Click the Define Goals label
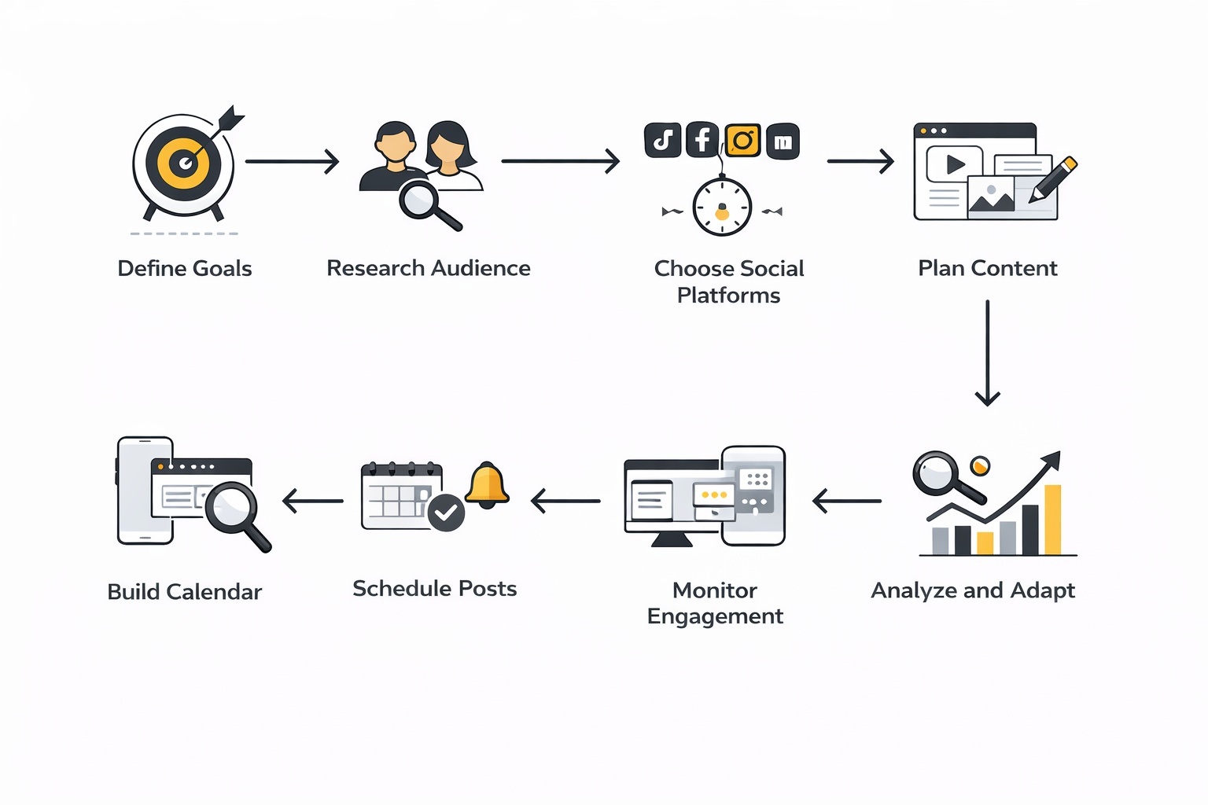point(185,269)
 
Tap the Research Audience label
point(429,269)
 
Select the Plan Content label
point(987,269)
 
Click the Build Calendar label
point(185,592)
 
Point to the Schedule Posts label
point(434,589)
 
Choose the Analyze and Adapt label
point(973,590)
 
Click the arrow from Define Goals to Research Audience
point(292,161)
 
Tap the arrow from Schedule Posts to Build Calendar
point(313,501)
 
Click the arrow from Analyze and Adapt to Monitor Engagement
point(847,501)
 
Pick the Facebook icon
point(702,141)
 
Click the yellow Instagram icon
point(742,141)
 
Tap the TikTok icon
point(662,141)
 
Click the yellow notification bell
point(487,484)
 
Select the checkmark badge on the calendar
point(446,513)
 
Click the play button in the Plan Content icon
point(955,165)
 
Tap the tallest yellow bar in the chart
point(1052,520)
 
